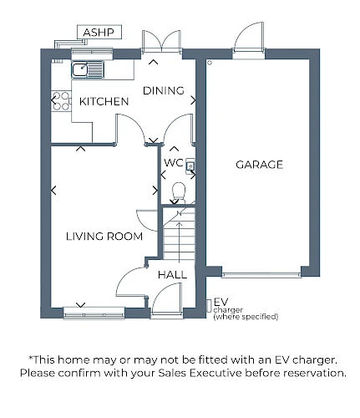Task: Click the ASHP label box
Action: click(x=99, y=32)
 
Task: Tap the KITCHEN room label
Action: click(x=104, y=101)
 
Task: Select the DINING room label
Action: click(x=164, y=90)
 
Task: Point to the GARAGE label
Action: click(x=259, y=165)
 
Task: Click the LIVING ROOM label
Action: click(x=104, y=237)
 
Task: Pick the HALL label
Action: click(x=172, y=275)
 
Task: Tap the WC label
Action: click(x=174, y=162)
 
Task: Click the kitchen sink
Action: click(x=88, y=69)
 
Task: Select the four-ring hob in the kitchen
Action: click(x=61, y=101)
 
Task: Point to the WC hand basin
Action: click(x=190, y=166)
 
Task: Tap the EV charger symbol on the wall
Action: click(x=209, y=306)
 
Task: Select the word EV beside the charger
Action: click(x=221, y=302)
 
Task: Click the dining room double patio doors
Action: click(x=161, y=41)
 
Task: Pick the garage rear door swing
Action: click(x=249, y=37)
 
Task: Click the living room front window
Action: click(x=94, y=313)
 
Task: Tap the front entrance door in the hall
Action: click(x=167, y=300)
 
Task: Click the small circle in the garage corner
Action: click(x=210, y=63)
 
